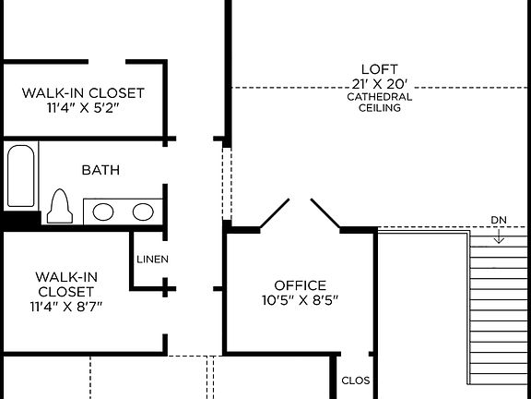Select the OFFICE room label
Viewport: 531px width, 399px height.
coord(300,285)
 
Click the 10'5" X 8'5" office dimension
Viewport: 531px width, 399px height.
coord(300,300)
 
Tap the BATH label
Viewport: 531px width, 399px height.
coord(100,170)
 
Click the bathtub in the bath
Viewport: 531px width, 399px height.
coord(21,175)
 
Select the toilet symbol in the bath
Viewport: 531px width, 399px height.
coord(61,207)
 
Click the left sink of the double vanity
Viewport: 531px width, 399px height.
coord(103,212)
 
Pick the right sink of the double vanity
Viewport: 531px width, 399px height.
coord(142,212)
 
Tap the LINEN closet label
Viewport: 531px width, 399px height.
coord(152,260)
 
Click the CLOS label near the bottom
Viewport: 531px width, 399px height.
coord(355,380)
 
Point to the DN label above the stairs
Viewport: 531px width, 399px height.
coord(498,220)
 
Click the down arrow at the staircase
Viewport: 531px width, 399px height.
coord(498,236)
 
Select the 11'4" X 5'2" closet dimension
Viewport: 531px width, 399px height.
coord(83,107)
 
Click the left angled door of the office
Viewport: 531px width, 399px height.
coord(274,212)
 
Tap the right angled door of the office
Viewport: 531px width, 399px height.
coord(326,212)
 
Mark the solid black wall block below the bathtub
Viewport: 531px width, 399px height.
coord(20,221)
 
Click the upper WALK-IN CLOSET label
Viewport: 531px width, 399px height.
coord(83,92)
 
